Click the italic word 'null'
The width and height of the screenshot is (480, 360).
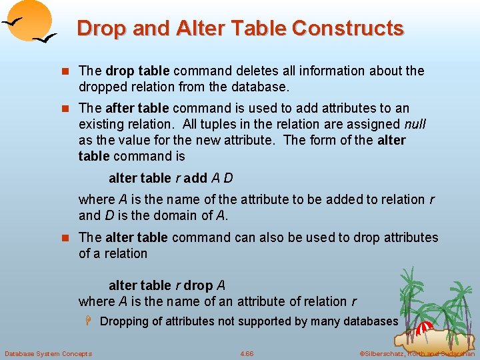tap(415, 124)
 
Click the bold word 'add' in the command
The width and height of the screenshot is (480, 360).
tap(195, 178)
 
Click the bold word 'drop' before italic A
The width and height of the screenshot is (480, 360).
tap(198, 285)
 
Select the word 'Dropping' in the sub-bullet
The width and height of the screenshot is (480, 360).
tap(124, 321)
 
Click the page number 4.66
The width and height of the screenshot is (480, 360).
tap(247, 353)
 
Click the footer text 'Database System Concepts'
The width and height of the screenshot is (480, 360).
tap(48, 353)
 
